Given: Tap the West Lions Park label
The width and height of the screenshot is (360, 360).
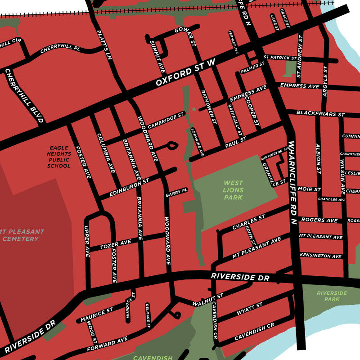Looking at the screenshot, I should click(x=233, y=190).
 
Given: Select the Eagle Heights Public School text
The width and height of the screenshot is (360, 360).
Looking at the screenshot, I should click(x=59, y=156).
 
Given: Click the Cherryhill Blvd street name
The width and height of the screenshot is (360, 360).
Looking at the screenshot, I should click(x=24, y=96).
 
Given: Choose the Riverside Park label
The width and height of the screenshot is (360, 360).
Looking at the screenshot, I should click(x=332, y=296).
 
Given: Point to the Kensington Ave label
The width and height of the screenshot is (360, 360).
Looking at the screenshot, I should click(x=320, y=256).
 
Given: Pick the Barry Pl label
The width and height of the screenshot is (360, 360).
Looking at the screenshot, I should click(x=176, y=192).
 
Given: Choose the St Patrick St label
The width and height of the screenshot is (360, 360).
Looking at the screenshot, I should click(x=280, y=58).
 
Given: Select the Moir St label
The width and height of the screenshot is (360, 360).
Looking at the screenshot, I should click(x=310, y=189).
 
